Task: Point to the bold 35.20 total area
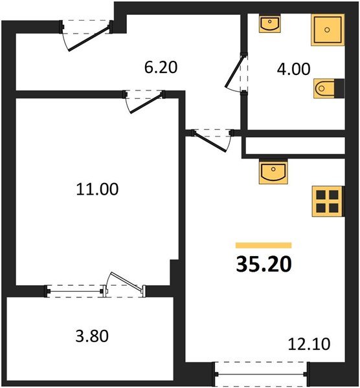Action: (264, 264)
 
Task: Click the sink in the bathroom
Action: (269, 24)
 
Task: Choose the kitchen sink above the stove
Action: (272, 173)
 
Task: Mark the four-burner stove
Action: (327, 201)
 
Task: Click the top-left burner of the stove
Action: (321, 194)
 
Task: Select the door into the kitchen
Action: (211, 140)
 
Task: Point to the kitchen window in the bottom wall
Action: (260, 374)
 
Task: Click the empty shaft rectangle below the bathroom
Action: (294, 146)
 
